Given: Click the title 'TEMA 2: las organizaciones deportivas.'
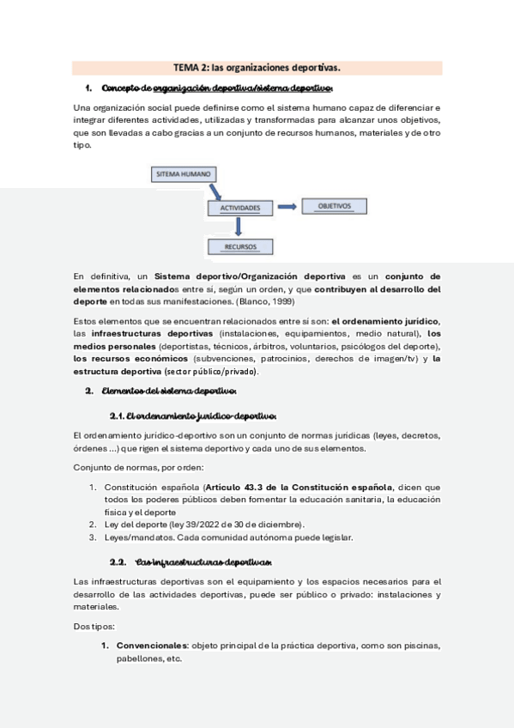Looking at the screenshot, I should pos(257,67).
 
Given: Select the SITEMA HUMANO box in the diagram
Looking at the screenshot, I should pos(184,173).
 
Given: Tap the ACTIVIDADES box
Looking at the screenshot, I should pos(240,208).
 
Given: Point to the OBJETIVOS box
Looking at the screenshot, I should pos(335,206).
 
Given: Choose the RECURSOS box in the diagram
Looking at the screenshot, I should pos(240,246).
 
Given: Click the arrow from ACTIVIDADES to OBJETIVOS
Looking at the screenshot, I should pos(287,206).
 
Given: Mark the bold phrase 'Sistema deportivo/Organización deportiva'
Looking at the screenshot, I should pos(250,276).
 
